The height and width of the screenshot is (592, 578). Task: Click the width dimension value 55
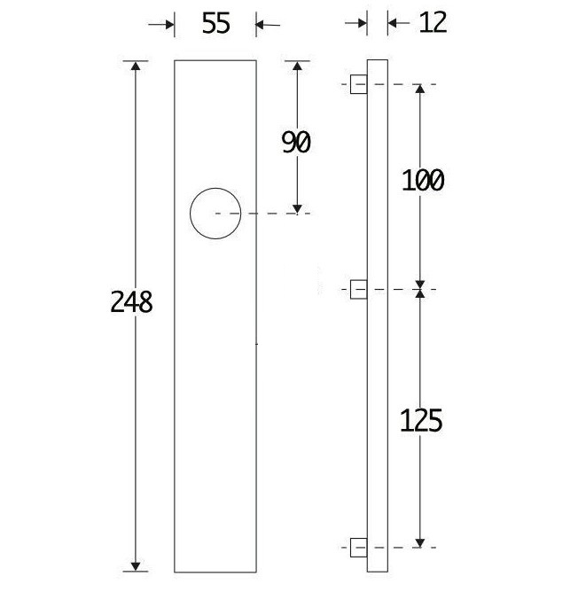click(215, 24)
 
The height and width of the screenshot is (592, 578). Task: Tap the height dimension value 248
click(132, 302)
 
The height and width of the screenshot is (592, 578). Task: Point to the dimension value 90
click(296, 142)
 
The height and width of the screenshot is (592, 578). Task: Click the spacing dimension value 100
click(422, 181)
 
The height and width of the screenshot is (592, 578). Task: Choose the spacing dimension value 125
click(422, 419)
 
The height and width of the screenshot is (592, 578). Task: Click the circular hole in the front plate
click(215, 214)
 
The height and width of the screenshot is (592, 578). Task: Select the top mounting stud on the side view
click(359, 85)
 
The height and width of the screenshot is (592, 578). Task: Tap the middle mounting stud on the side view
click(359, 289)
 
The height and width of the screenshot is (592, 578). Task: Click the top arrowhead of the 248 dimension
click(136, 67)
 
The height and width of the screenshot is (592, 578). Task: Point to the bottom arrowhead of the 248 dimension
click(136, 565)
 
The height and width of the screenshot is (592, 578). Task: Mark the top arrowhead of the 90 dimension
click(297, 67)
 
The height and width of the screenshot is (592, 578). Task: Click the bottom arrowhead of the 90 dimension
click(297, 206)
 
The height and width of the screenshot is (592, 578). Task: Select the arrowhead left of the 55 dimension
click(168, 25)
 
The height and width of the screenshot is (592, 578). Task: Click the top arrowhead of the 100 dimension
click(420, 91)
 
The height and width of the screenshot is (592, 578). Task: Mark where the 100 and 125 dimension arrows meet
click(420, 290)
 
